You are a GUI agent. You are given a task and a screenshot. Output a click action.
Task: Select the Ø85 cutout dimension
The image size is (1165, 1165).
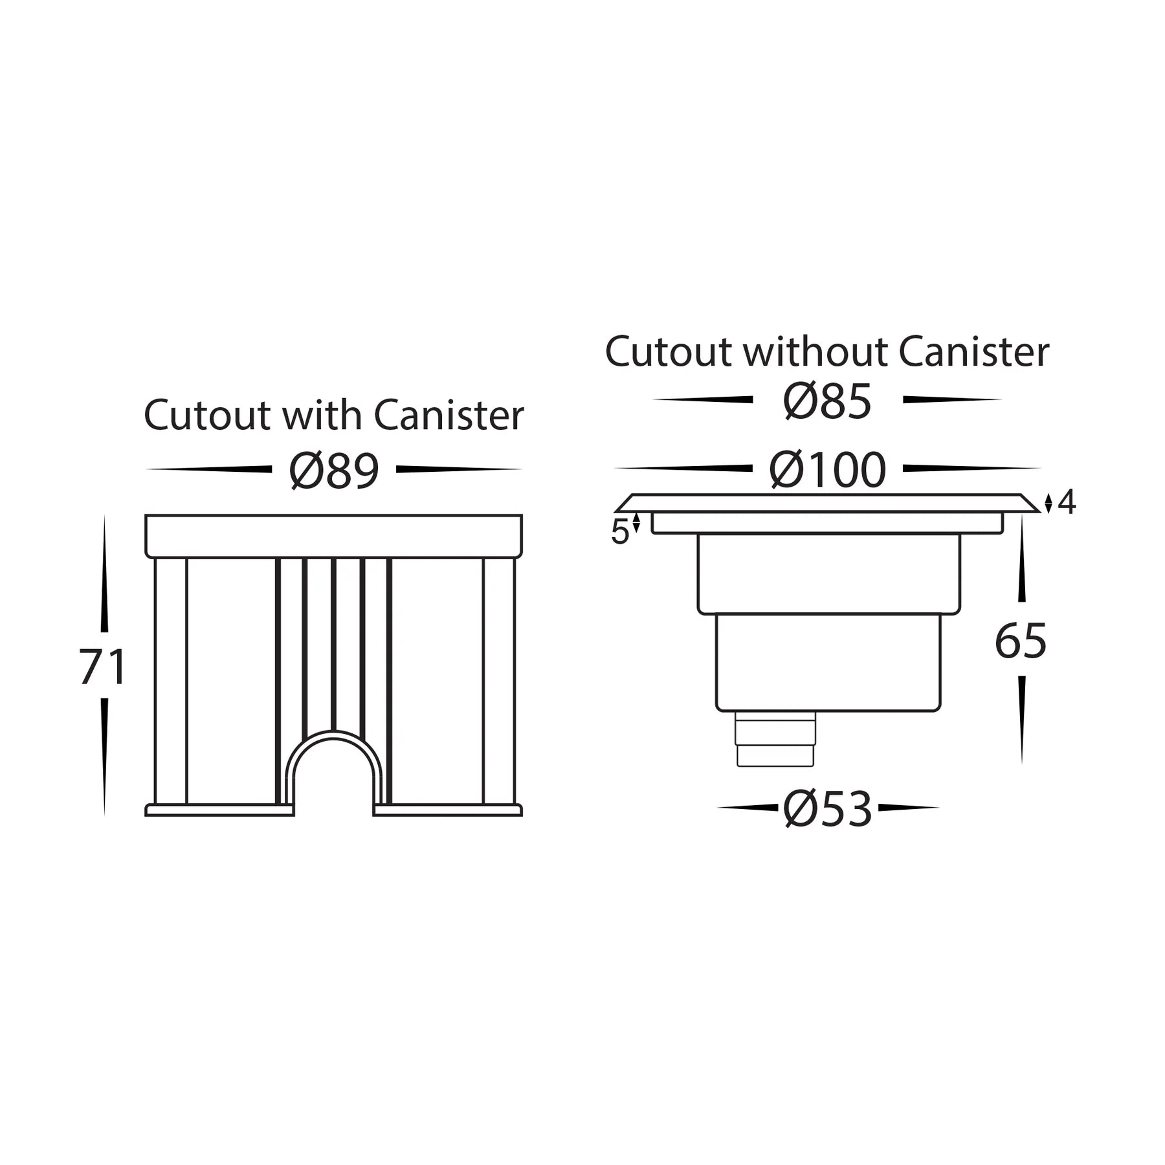tap(827, 401)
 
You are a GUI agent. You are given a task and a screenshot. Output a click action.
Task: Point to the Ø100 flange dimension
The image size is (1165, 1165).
tap(827, 470)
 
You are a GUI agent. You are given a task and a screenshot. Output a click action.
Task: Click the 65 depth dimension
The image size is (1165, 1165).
tap(1021, 641)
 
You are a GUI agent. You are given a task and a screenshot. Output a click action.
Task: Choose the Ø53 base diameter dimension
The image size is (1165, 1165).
tap(827, 808)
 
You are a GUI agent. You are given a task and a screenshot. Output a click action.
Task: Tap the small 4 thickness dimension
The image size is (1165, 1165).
tap(1066, 502)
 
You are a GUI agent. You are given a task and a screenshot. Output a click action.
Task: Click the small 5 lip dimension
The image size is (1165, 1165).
tap(619, 532)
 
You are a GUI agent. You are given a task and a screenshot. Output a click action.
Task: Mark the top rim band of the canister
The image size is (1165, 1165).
tap(334, 536)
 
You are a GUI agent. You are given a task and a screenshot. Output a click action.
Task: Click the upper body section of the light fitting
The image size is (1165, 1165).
tap(828, 573)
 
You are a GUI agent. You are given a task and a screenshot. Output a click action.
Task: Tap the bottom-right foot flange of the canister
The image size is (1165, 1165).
tap(448, 810)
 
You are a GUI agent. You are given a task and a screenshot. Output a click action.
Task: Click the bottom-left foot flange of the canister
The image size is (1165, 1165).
tap(220, 810)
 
